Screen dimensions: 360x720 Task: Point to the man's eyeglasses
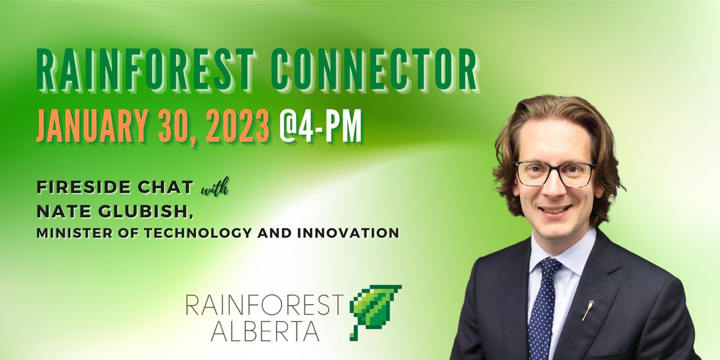[x=555, y=173]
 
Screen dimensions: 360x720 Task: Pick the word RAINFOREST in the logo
[x=266, y=306]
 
